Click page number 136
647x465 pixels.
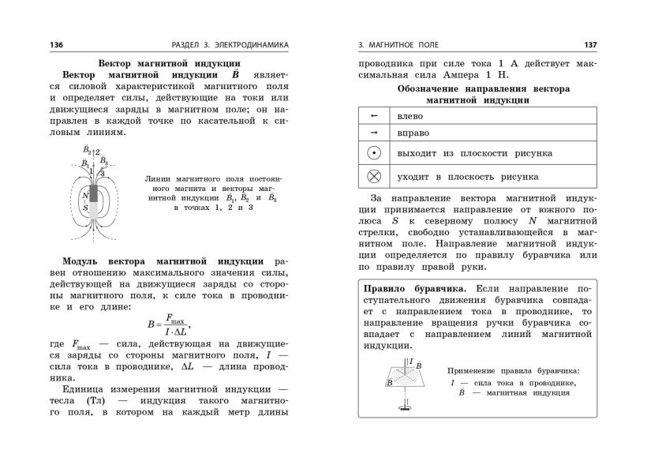56,45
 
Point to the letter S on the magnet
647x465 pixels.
85,208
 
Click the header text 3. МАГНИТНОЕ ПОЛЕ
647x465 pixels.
398,45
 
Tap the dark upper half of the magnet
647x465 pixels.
94,193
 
